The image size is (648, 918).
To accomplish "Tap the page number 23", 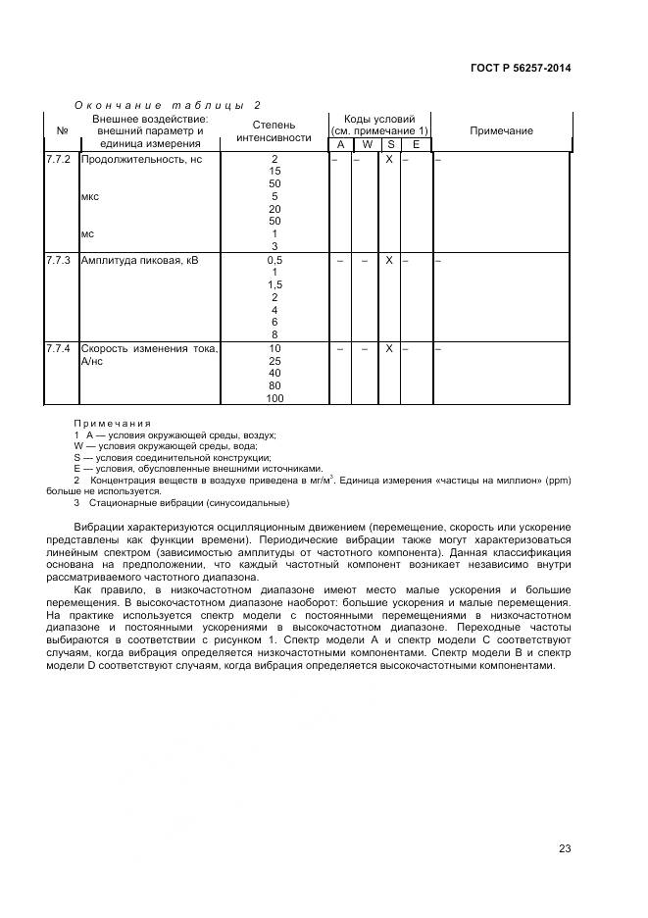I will (565, 848).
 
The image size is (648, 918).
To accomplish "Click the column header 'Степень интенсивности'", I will (274, 131).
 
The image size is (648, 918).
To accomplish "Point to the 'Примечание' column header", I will (501, 131).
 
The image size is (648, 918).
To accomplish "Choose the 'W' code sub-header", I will (365, 145).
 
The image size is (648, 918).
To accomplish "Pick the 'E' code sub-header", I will (415, 145).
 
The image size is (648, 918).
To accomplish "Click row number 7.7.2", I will (59, 159).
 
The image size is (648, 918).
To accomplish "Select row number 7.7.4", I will (59, 348).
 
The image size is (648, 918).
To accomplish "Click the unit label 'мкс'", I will (90, 196).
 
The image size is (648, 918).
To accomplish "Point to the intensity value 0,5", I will (274, 261).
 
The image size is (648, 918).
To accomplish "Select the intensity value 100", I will (274, 398).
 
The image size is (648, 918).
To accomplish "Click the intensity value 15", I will (274, 172).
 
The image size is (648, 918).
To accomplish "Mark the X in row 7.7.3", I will (389, 261).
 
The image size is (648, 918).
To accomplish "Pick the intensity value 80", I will (274, 385).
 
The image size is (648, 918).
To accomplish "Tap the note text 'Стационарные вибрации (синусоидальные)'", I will (187, 502).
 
